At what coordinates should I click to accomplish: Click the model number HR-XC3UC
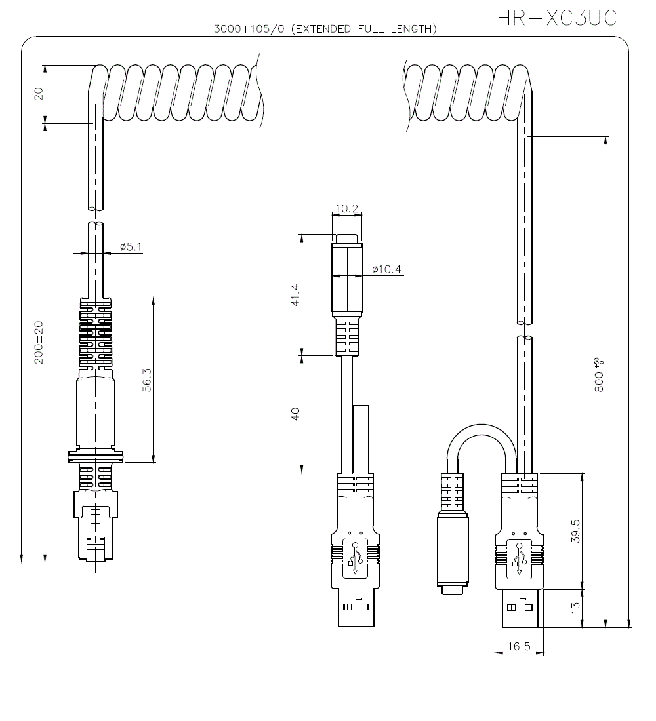click(x=556, y=18)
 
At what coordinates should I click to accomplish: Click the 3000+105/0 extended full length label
click(x=325, y=29)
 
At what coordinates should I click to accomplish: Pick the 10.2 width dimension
click(x=346, y=209)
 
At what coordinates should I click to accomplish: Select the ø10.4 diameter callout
click(x=386, y=269)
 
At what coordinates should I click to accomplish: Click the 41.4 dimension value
click(x=295, y=295)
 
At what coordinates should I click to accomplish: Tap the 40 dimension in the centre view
click(x=295, y=414)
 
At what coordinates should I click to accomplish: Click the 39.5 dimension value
click(x=575, y=532)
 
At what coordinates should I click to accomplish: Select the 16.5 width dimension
click(x=518, y=646)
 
